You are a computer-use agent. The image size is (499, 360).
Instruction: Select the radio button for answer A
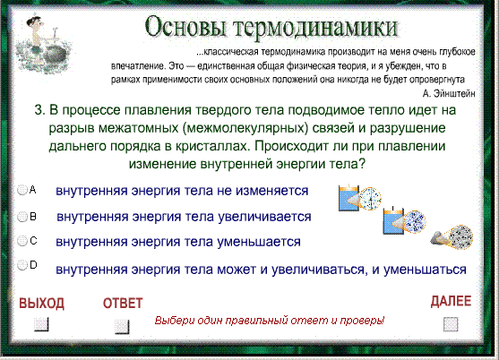coord(22,190)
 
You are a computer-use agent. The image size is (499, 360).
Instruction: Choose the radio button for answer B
coord(22,217)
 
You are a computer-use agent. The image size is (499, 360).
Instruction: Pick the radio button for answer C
coord(22,241)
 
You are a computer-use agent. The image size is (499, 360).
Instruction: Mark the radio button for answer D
coord(22,265)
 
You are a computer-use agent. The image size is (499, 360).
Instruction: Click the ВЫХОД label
coord(42,303)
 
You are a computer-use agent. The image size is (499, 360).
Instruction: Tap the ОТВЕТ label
coord(123,303)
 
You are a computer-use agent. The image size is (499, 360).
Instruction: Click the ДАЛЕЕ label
coord(451,301)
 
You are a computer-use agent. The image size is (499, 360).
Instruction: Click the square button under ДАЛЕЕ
coord(451,324)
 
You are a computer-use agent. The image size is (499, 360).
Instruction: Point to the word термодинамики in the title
coord(316,29)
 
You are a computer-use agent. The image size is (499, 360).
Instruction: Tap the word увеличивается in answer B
coord(264,217)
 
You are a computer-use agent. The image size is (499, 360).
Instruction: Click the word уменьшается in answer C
coord(259,242)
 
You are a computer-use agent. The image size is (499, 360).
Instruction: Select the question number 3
coord(39,110)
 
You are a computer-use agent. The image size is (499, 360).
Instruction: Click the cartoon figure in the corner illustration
coord(36,33)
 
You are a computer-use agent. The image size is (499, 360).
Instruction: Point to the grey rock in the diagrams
coord(440,238)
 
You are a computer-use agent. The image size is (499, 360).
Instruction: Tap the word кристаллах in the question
coord(211,146)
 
